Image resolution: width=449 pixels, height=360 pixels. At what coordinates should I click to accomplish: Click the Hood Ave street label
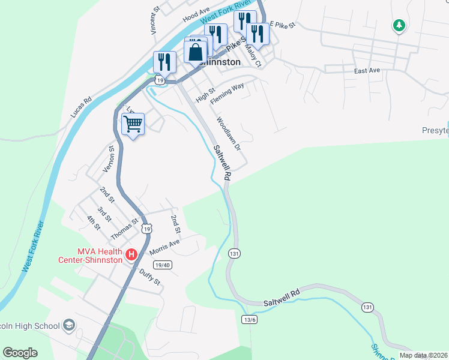pyautogui.click(x=196, y=13)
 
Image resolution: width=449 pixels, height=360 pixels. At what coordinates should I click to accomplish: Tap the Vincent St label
pyautogui.click(x=155, y=20)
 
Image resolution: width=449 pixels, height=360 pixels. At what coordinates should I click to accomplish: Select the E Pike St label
pyautogui.click(x=283, y=25)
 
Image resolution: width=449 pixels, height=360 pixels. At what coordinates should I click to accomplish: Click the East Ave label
pyautogui.click(x=367, y=71)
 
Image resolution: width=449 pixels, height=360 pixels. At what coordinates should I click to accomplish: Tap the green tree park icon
pyautogui.click(x=398, y=25)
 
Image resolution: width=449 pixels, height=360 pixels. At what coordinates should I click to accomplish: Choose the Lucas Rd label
pyautogui.click(x=80, y=107)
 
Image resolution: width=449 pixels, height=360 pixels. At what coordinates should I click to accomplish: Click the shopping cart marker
pyautogui.click(x=133, y=124)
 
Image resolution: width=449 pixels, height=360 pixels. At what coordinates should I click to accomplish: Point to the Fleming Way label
pyautogui.click(x=228, y=94)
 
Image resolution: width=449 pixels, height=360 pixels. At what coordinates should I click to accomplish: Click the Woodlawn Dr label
pyautogui.click(x=229, y=133)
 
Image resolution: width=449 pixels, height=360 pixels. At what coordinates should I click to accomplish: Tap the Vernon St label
pyautogui.click(x=109, y=158)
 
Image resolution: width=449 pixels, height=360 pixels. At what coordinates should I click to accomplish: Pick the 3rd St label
pyautogui.click(x=104, y=214)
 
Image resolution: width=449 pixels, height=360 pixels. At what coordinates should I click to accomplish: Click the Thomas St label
pyautogui.click(x=124, y=229)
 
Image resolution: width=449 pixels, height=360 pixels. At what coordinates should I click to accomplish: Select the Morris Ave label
pyautogui.click(x=164, y=247)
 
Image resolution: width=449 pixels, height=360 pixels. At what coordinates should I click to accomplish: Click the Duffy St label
pyautogui.click(x=150, y=277)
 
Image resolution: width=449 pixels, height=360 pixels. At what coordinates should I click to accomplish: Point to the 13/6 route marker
pyautogui.click(x=249, y=319)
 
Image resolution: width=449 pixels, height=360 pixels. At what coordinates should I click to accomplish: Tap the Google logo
pyautogui.click(x=20, y=353)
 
